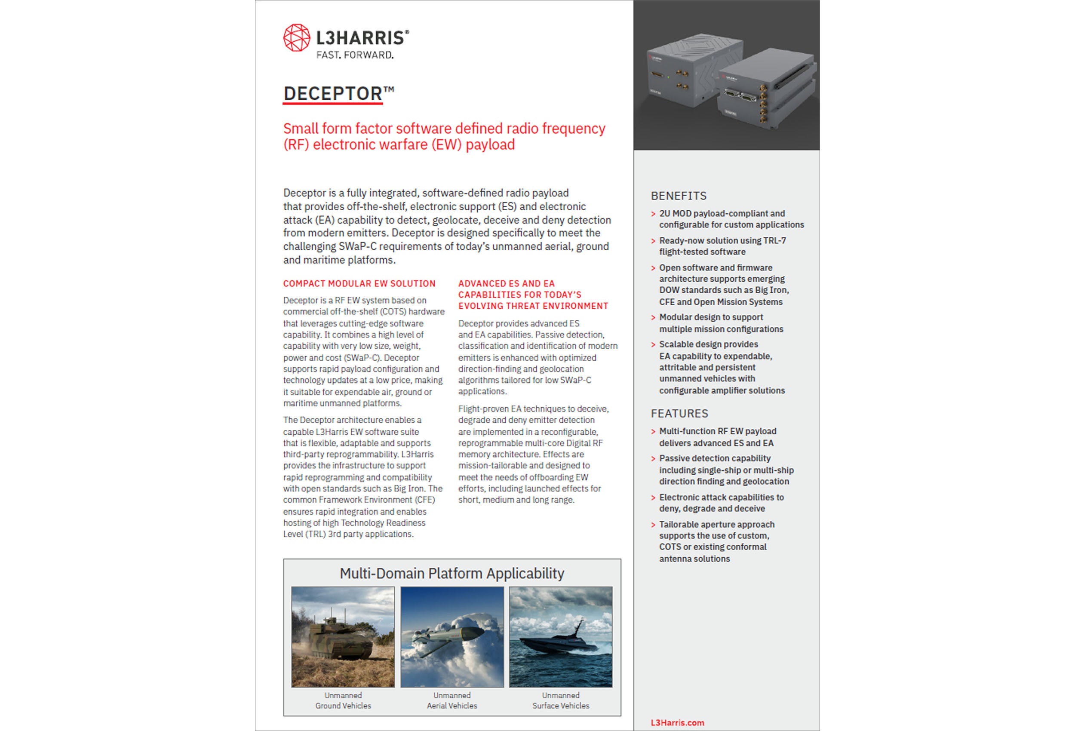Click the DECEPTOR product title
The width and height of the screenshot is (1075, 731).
tap(333, 93)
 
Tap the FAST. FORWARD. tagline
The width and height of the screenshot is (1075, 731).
tap(355, 55)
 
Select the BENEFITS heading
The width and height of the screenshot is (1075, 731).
tap(678, 196)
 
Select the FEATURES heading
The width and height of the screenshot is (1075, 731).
tap(679, 414)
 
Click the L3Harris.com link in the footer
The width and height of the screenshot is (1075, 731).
tap(677, 723)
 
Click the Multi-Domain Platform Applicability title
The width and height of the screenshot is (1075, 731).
tap(451, 574)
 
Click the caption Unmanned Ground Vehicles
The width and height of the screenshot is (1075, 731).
tap(343, 700)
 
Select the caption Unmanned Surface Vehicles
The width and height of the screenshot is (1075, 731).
tap(561, 700)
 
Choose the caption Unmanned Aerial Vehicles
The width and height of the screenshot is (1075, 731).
tap(451, 700)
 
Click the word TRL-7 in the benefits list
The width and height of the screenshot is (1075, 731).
tap(774, 240)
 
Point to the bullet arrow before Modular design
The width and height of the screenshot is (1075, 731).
tap(653, 318)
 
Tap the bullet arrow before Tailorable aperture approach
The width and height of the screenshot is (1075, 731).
tap(653, 525)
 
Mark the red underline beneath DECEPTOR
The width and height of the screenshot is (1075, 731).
tap(332, 104)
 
